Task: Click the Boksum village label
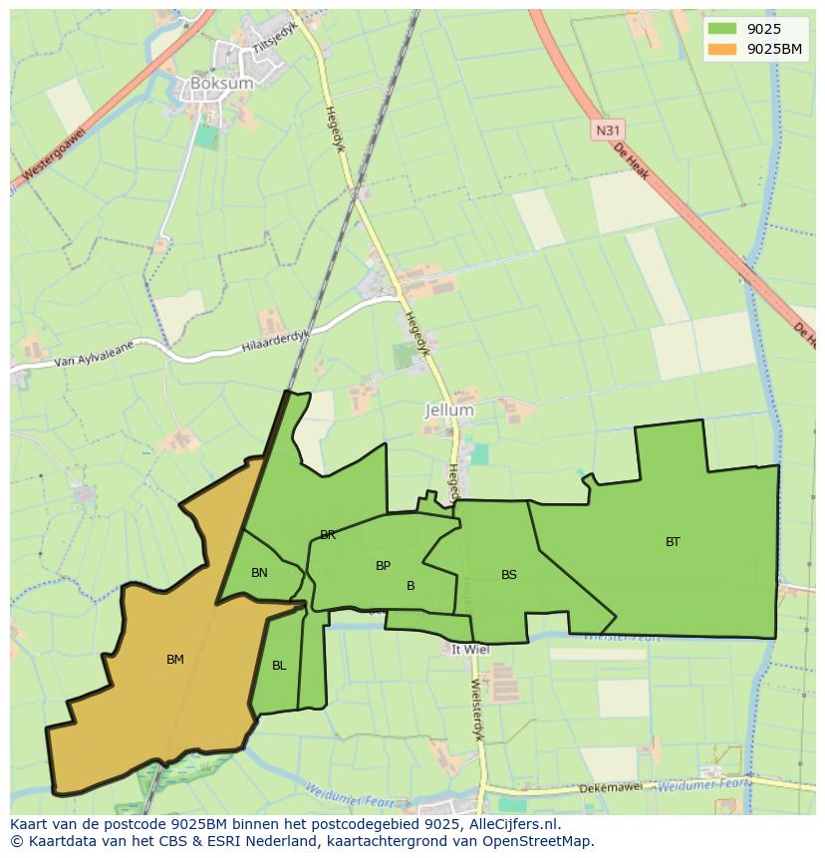pyautogui.click(x=221, y=84)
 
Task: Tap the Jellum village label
pyautogui.click(x=449, y=410)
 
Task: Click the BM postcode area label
pyautogui.click(x=175, y=659)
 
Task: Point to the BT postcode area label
pyautogui.click(x=673, y=542)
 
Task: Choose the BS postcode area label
pyautogui.click(x=509, y=575)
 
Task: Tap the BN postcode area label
pyautogui.click(x=259, y=573)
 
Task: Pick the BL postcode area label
pyautogui.click(x=279, y=666)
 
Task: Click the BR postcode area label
pyautogui.click(x=328, y=535)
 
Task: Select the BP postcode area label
pyautogui.click(x=383, y=566)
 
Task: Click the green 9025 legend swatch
pyautogui.click(x=722, y=29)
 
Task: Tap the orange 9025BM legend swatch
pyautogui.click(x=722, y=49)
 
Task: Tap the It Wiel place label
pyautogui.click(x=470, y=649)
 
